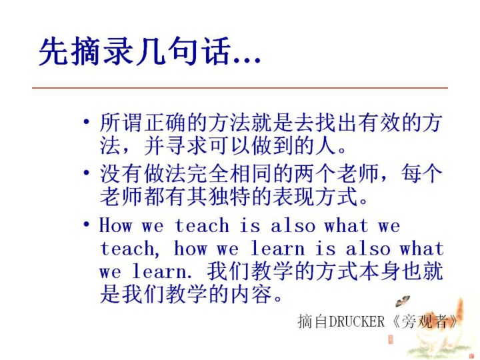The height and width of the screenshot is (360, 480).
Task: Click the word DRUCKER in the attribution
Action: click(357, 321)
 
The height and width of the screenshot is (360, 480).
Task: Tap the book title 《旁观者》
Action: click(425, 321)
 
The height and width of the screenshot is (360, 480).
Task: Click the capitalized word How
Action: click(116, 225)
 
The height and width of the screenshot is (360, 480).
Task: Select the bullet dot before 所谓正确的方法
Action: click(87, 122)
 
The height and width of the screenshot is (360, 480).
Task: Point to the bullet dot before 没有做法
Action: click(87, 173)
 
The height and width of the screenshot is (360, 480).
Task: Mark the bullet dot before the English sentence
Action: click(87, 224)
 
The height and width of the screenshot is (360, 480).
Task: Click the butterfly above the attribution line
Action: click(402, 301)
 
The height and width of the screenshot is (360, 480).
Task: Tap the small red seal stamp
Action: click(391, 339)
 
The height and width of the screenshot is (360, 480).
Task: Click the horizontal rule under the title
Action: click(240, 88)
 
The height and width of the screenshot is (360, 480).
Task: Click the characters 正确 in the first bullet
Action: click(165, 123)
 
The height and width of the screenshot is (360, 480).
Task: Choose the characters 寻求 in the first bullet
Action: click(187, 145)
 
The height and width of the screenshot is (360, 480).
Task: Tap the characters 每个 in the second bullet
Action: click(422, 173)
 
